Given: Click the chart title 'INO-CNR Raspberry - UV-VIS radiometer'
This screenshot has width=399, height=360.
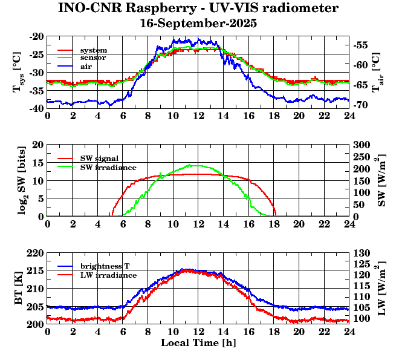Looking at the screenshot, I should [198, 8].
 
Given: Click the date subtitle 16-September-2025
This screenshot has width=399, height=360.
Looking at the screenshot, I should [198, 24].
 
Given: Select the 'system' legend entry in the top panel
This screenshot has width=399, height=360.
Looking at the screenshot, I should [93, 50].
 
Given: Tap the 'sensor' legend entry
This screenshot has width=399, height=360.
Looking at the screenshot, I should [93, 57].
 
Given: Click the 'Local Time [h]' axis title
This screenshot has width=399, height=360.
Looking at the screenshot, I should [198, 343].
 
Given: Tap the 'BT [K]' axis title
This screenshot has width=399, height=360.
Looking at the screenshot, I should [19, 288].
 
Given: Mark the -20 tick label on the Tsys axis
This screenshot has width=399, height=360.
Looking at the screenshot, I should [36, 36].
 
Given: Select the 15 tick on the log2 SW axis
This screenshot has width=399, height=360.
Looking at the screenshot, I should [37, 163].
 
